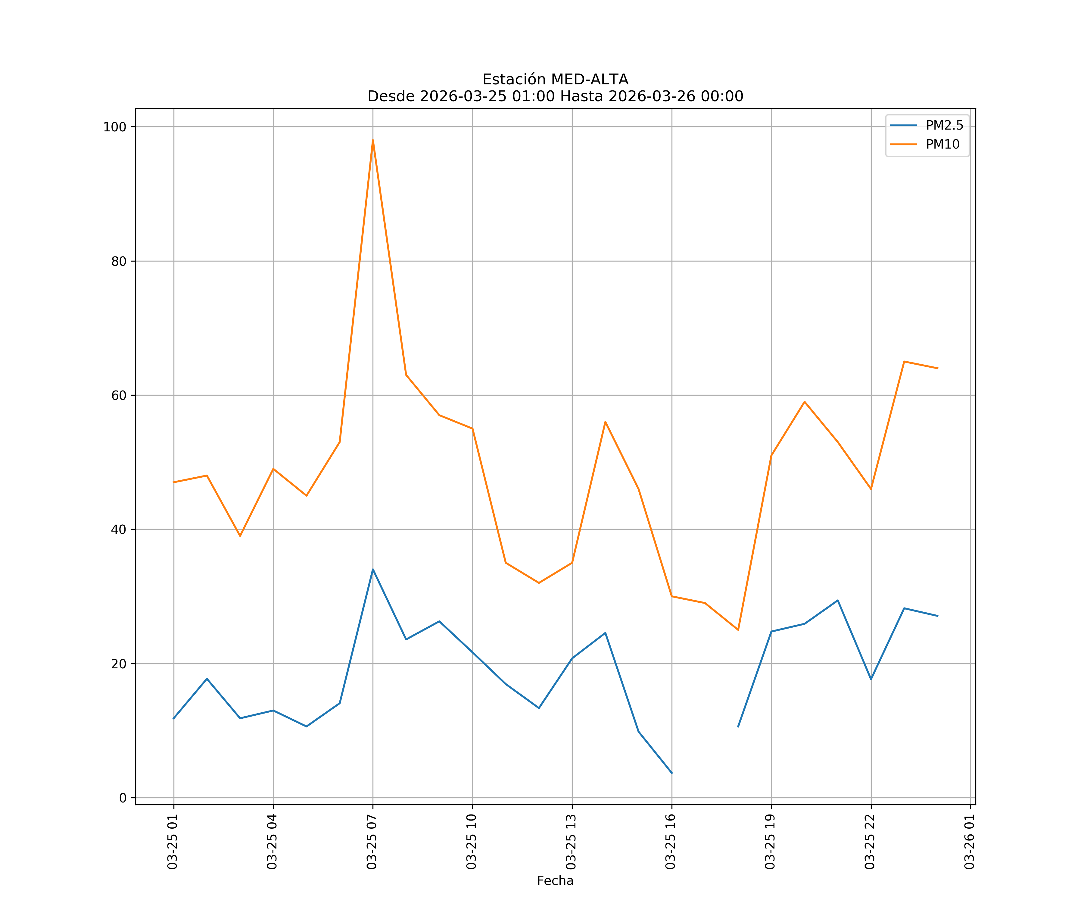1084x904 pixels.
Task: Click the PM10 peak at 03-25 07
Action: click(373, 140)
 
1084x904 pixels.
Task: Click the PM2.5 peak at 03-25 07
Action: click(373, 569)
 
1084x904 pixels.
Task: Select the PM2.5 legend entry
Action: click(944, 126)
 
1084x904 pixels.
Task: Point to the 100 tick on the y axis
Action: click(115, 127)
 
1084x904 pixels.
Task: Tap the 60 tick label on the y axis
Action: click(119, 395)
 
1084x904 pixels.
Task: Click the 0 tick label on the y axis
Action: click(123, 798)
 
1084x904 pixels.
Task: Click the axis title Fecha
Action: click(555, 881)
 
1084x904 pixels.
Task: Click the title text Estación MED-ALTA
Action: click(555, 80)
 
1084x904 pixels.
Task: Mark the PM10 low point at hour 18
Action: click(738, 630)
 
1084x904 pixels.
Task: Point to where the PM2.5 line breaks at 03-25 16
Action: click(671, 773)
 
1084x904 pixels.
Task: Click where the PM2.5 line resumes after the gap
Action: click(738, 727)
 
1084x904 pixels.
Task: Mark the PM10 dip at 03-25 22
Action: click(871, 489)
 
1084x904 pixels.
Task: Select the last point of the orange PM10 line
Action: click(937, 368)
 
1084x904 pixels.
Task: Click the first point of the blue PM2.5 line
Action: click(173, 719)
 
